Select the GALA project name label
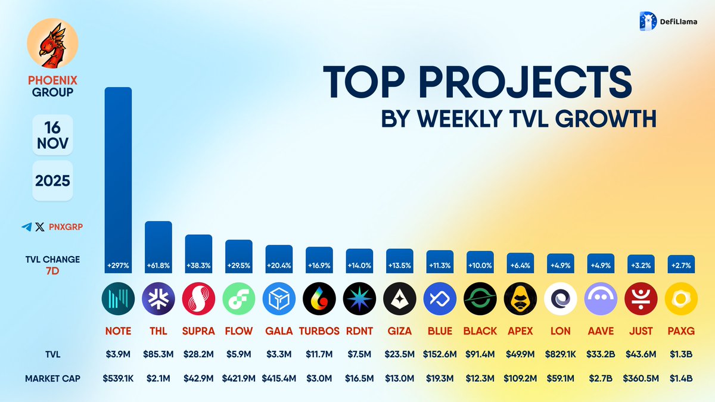pyautogui.click(x=278, y=331)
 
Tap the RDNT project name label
pyautogui.click(x=359, y=331)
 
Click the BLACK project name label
pyautogui.click(x=480, y=331)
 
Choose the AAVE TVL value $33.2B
pyautogui.click(x=601, y=355)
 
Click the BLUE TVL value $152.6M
pyautogui.click(x=440, y=355)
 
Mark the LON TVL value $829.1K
pyautogui.click(x=560, y=355)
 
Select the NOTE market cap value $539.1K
pyautogui.click(x=118, y=378)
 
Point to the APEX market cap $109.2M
pyautogui.click(x=520, y=378)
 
